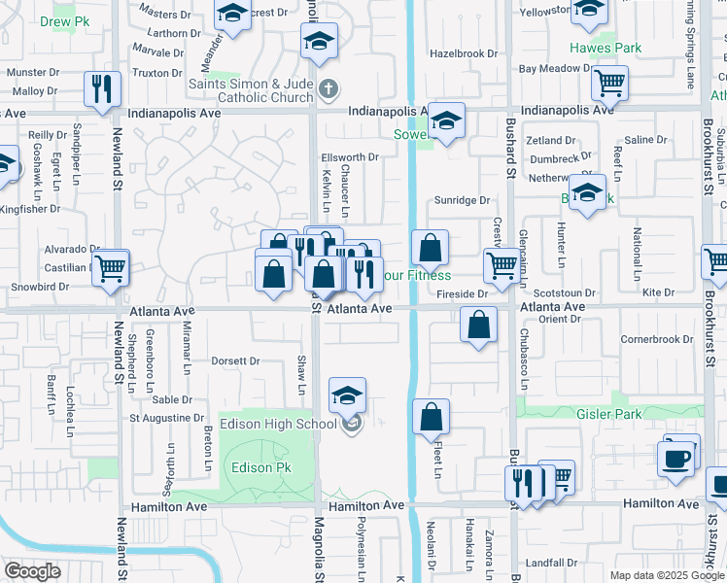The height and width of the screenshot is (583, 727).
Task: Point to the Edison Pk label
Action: point(261,467)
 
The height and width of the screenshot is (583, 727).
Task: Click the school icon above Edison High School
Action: point(347,395)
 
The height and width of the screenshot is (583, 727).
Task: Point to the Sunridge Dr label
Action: point(462,200)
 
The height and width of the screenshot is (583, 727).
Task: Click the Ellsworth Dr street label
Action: point(350,157)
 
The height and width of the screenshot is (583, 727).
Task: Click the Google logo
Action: point(33,570)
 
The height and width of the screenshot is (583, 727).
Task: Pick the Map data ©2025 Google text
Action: point(665,575)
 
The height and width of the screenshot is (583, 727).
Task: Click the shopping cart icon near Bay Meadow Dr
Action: point(609,86)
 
